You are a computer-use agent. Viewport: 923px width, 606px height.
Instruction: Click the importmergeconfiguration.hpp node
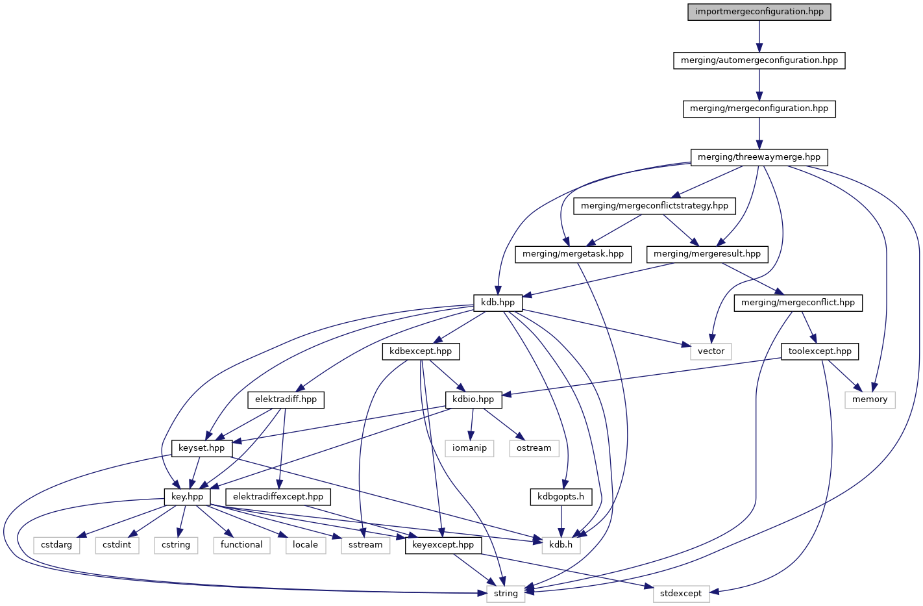pyautogui.click(x=759, y=12)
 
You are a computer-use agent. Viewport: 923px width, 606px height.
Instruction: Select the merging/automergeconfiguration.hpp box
pyautogui.click(x=759, y=60)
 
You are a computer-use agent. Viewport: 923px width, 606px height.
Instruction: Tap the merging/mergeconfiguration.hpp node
pyautogui.click(x=759, y=108)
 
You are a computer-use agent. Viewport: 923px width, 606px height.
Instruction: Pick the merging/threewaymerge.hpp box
pyautogui.click(x=759, y=157)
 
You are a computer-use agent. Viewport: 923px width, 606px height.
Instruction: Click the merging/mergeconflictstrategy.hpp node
pyautogui.click(x=654, y=206)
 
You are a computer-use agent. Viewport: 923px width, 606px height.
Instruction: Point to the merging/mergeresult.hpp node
pyautogui.click(x=707, y=254)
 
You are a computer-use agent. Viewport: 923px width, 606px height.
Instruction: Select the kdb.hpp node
pyautogui.click(x=498, y=303)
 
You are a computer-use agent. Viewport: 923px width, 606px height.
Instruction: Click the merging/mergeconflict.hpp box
pyautogui.click(x=798, y=303)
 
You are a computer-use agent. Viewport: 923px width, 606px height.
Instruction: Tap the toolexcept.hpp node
pyautogui.click(x=820, y=351)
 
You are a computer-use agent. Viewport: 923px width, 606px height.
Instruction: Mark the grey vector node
pyautogui.click(x=711, y=351)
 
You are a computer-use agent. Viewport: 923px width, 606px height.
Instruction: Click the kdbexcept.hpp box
pyautogui.click(x=421, y=351)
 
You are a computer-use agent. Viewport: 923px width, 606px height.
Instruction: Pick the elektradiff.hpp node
pyautogui.click(x=286, y=399)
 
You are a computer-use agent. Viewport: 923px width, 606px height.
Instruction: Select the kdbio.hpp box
pyautogui.click(x=473, y=399)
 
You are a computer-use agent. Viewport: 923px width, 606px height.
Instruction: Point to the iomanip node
pyautogui.click(x=469, y=448)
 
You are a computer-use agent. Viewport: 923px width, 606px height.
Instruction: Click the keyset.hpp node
pyautogui.click(x=201, y=448)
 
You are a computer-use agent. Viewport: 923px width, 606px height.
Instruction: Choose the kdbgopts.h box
pyautogui.click(x=561, y=497)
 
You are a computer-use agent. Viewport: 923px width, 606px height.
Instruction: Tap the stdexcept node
pyautogui.click(x=681, y=594)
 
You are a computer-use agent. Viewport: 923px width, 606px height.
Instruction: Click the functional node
pyautogui.click(x=241, y=545)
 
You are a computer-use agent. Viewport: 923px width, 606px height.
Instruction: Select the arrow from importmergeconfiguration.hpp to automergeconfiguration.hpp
pyautogui.click(x=759, y=36)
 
